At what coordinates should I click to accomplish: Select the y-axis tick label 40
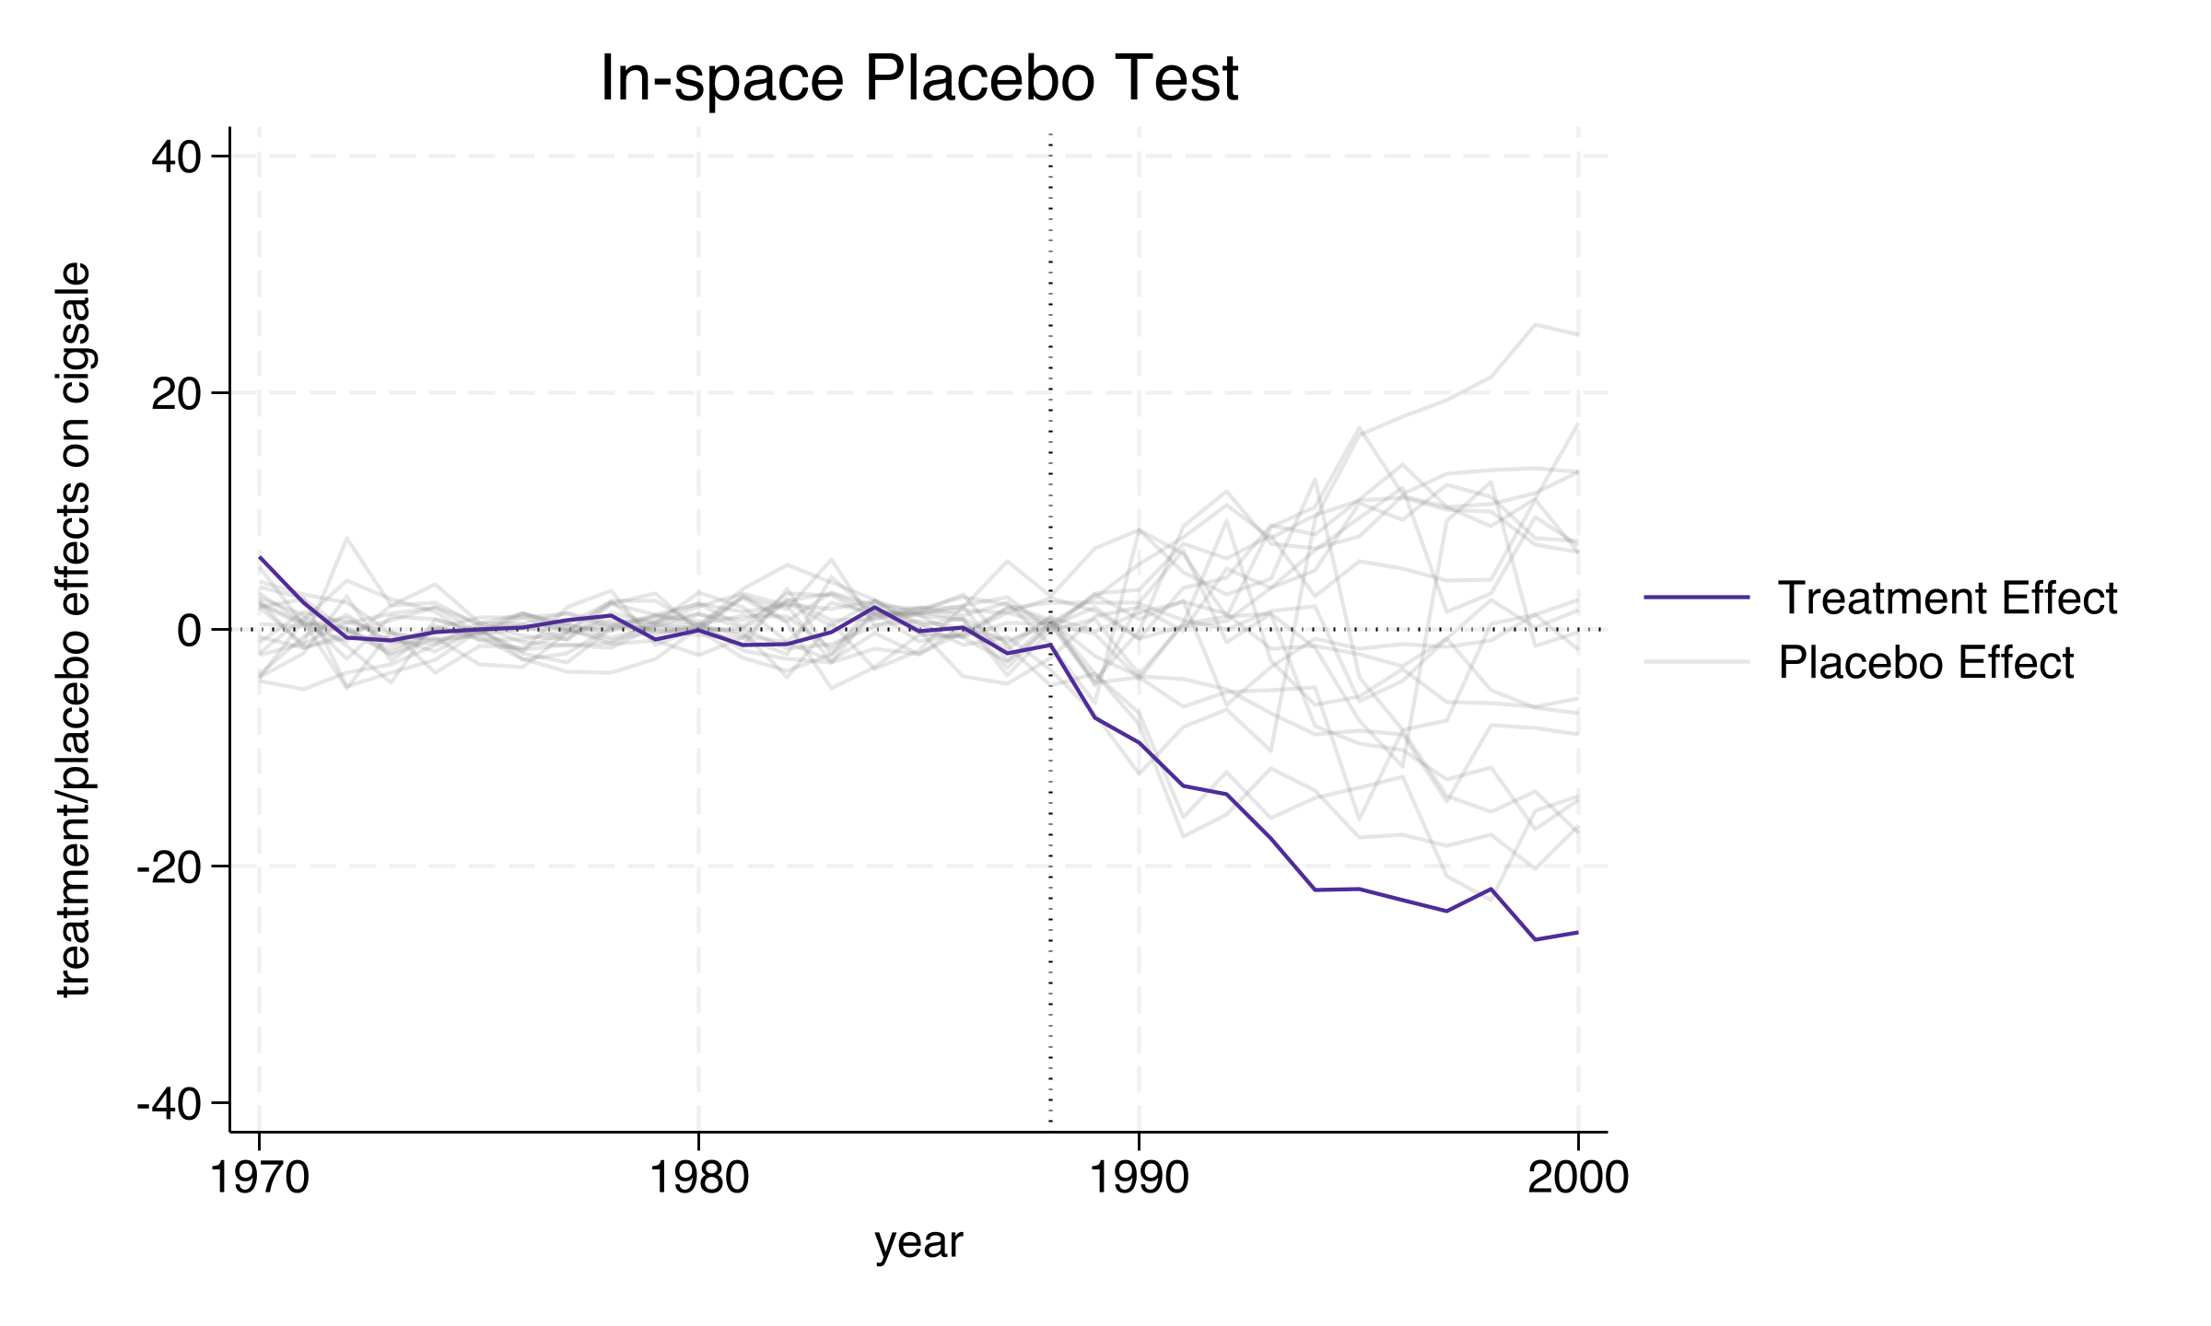[x=176, y=158]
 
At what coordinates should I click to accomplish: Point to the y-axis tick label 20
[x=176, y=394]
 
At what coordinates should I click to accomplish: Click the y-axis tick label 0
[x=189, y=631]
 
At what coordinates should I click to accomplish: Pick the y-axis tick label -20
[x=169, y=867]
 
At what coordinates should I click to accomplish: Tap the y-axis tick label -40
[x=169, y=1104]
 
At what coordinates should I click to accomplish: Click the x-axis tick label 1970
[x=260, y=1178]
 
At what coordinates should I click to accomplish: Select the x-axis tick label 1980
[x=699, y=1178]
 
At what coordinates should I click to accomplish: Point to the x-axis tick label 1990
[x=1140, y=1178]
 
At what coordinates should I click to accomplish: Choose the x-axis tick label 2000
[x=1578, y=1178]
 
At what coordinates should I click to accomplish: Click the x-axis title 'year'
[x=918, y=1242]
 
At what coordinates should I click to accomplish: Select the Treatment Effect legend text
[x=1948, y=599]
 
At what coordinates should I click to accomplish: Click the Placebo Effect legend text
[x=1925, y=663]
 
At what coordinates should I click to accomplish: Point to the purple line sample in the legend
[x=1696, y=598]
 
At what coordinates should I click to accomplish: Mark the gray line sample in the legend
[x=1696, y=662]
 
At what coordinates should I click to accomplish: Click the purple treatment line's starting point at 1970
[x=261, y=557]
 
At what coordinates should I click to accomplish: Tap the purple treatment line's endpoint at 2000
[x=1578, y=932]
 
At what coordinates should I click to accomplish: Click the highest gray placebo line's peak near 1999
[x=1535, y=324]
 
